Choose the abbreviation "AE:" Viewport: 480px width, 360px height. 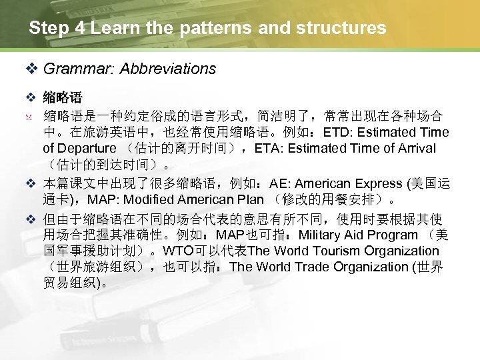[x=280, y=183]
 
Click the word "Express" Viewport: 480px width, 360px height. [x=371, y=183]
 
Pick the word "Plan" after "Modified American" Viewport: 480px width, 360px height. [x=251, y=199]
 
